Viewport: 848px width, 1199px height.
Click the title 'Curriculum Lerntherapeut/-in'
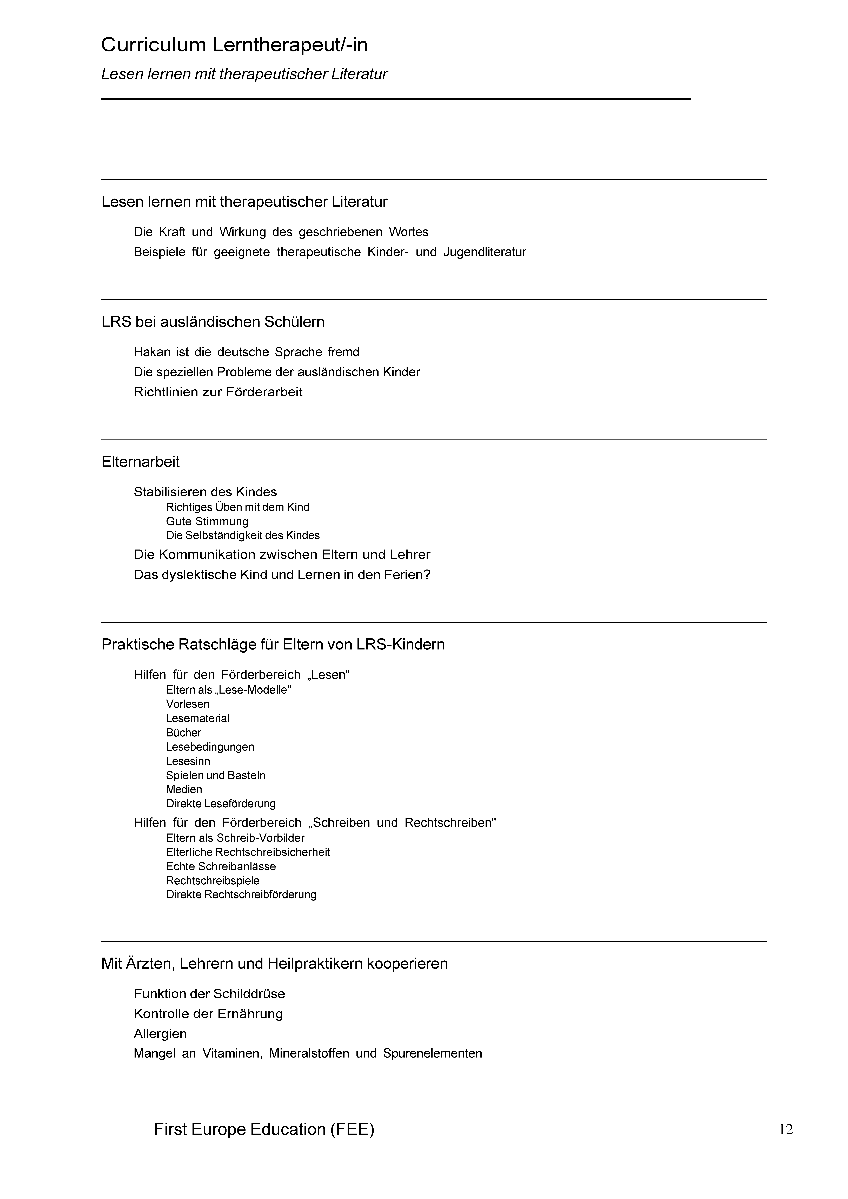pyautogui.click(x=234, y=45)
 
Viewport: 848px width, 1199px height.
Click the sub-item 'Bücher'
pyautogui.click(x=183, y=733)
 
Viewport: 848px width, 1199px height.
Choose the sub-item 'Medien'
pyautogui.click(x=184, y=790)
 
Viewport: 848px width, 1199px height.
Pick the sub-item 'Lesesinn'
pyautogui.click(x=188, y=761)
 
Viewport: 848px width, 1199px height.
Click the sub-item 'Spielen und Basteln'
pyautogui.click(x=215, y=775)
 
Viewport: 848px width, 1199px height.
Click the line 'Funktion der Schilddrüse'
pyautogui.click(x=209, y=994)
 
